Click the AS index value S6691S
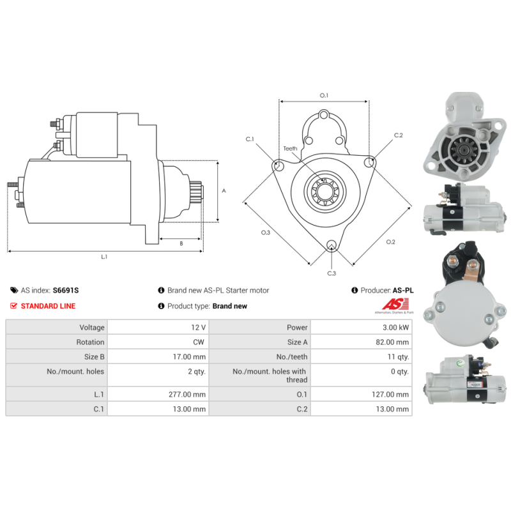tap(66, 291)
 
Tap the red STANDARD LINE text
tap(48, 306)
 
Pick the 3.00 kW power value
tap(395, 328)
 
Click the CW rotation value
tap(199, 342)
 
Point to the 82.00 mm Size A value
tap(392, 342)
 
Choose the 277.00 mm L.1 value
tap(187, 394)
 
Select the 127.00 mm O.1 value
tap(390, 394)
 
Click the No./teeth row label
tap(292, 357)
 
